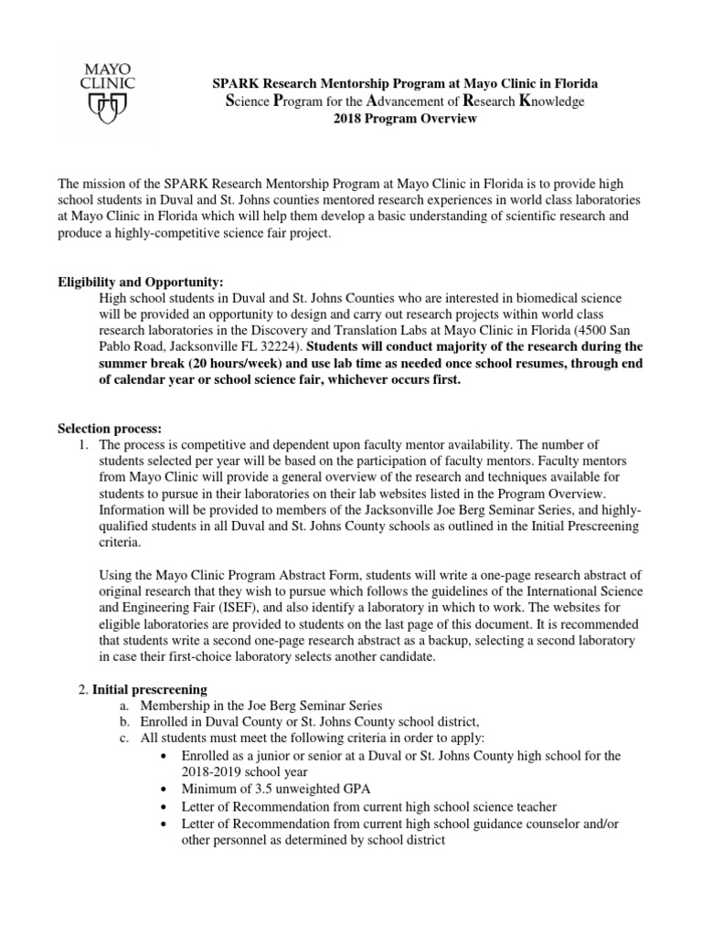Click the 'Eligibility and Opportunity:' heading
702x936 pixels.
coord(141,282)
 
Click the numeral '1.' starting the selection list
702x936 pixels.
coord(84,444)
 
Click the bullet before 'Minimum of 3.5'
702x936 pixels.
coord(162,788)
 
